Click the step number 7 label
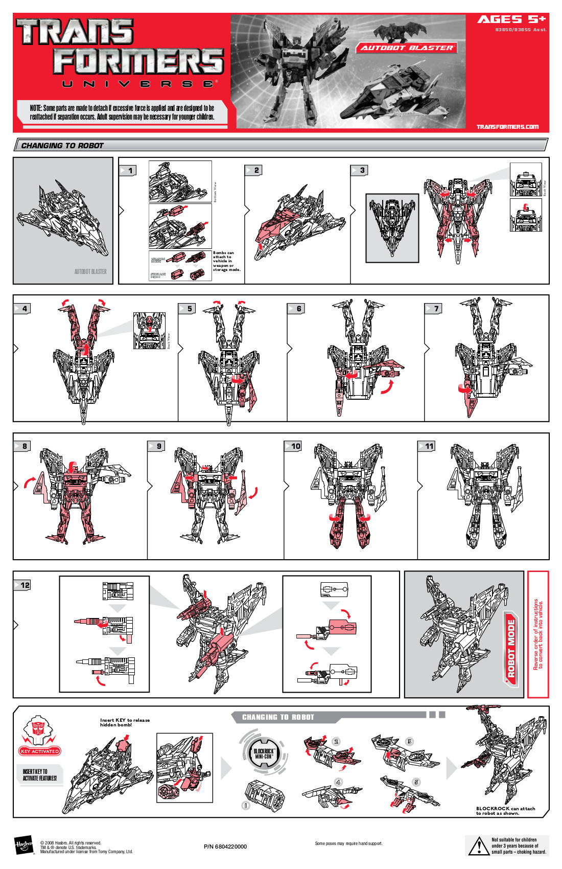(435, 309)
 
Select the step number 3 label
(362, 170)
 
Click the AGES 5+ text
(511, 19)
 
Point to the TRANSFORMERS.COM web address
(507, 127)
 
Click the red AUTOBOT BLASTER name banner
(407, 48)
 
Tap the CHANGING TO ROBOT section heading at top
(62, 146)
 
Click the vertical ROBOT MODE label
(511, 649)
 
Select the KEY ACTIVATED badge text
(40, 751)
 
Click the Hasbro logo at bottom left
(24, 845)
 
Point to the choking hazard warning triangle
(478, 846)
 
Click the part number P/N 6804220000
(225, 847)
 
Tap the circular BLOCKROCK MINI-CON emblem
(264, 753)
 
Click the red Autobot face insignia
(39, 728)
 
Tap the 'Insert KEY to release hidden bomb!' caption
(125, 722)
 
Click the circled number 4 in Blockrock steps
(338, 782)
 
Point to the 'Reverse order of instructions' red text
(537, 634)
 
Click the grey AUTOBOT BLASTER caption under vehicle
(90, 271)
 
